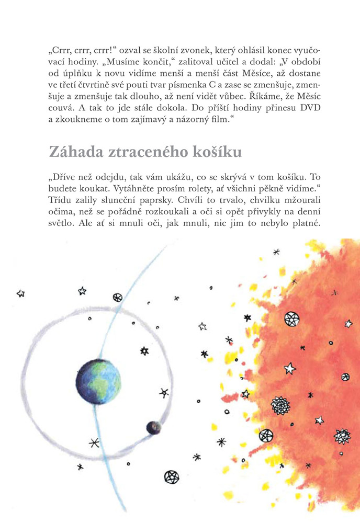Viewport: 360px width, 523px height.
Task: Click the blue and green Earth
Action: (98, 382)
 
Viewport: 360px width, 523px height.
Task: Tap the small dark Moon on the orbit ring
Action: (153, 428)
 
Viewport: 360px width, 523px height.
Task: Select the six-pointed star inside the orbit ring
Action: (144, 351)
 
